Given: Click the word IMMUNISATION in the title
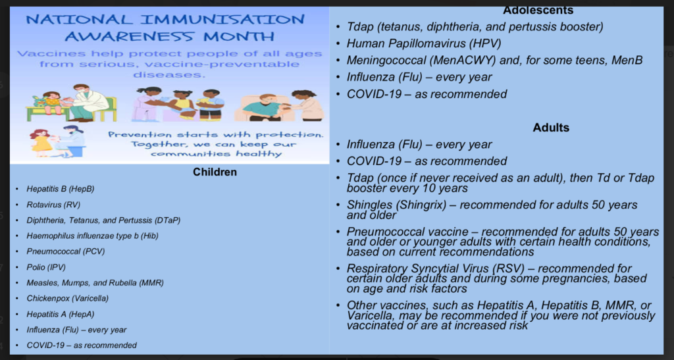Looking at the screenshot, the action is point(222,20).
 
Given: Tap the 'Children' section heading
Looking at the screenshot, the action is point(215,172).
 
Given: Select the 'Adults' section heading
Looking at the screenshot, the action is point(551,128).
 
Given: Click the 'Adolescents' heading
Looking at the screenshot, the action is point(538,10).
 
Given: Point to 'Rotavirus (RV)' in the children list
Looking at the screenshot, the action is point(53,205).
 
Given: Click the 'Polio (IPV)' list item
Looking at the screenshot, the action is point(46,267).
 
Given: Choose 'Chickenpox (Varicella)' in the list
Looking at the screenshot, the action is point(68,298).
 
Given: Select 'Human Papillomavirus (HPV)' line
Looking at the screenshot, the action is point(424,43).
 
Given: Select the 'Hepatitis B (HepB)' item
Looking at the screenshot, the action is point(60,189).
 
